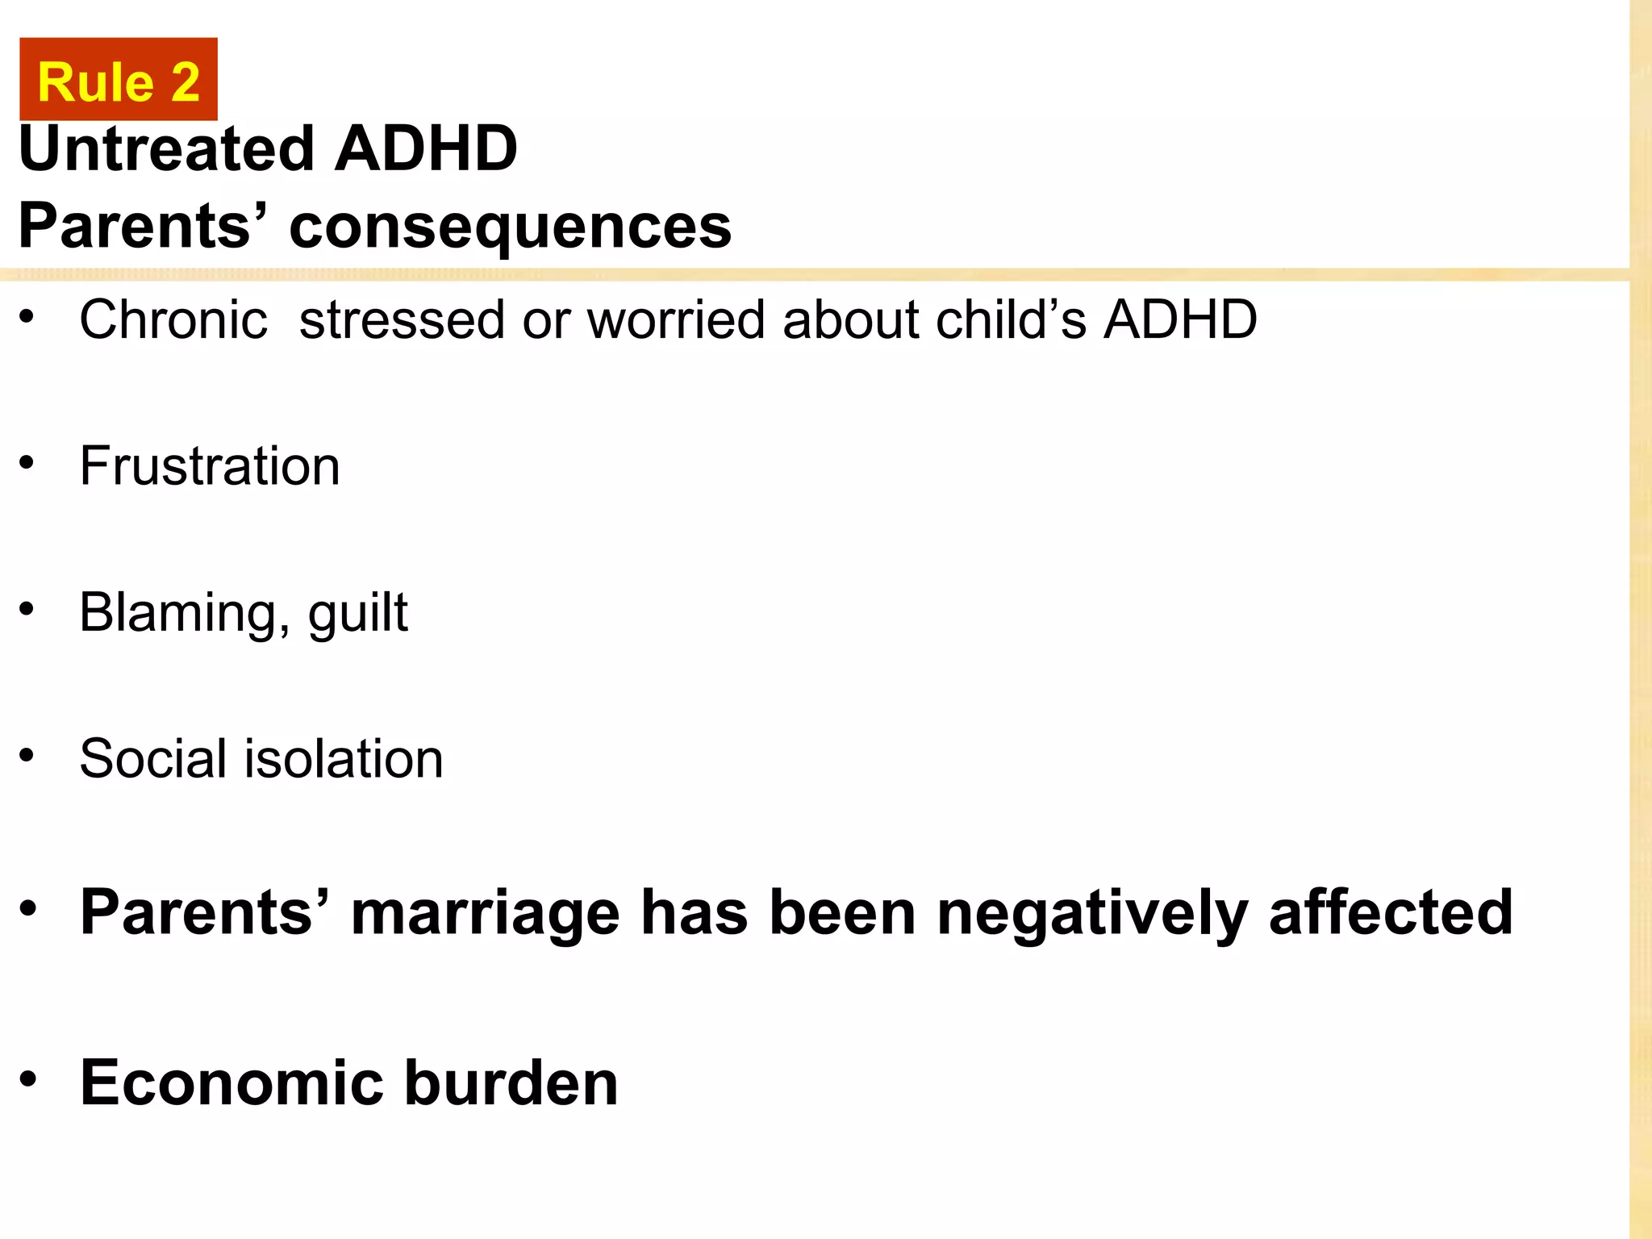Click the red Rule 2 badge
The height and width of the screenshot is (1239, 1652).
click(119, 80)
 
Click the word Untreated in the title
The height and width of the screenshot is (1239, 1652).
click(166, 149)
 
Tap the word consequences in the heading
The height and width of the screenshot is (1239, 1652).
click(510, 227)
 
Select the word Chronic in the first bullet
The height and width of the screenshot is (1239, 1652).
click(173, 320)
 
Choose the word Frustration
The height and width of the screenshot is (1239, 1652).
click(210, 467)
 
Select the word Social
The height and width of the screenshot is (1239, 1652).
click(153, 759)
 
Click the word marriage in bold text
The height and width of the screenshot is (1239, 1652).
click(486, 914)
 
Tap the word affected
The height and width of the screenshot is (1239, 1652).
click(1391, 912)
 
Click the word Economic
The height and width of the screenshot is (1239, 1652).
click(232, 1083)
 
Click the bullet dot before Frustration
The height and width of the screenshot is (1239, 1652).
click(27, 462)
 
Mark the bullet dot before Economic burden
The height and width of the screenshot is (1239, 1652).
click(29, 1078)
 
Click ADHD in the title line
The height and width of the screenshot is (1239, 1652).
click(425, 149)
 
